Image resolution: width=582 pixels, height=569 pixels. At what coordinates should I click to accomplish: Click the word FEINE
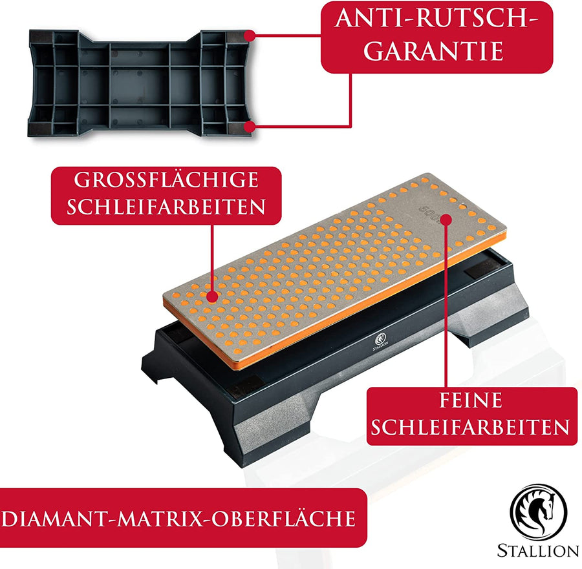tap(471, 400)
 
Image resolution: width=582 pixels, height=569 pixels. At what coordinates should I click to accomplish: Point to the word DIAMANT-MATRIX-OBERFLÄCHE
tap(178, 518)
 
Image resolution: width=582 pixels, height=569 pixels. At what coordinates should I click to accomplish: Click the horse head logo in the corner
tap(539, 513)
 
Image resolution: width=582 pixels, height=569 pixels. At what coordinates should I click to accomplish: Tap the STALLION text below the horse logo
tap(538, 550)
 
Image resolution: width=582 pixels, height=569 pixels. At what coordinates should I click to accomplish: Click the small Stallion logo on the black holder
tap(380, 341)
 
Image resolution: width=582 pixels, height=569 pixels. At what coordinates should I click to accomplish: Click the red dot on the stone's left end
tap(212, 296)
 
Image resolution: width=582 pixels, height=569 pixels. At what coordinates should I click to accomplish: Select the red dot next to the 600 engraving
tap(446, 220)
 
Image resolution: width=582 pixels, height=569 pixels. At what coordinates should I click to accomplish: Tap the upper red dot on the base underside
tap(250, 36)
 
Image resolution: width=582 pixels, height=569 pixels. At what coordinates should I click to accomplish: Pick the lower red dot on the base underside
tap(250, 127)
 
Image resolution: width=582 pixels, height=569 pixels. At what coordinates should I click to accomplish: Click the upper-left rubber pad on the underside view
tap(41, 37)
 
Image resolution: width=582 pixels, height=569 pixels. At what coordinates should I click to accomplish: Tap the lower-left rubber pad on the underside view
tap(40, 128)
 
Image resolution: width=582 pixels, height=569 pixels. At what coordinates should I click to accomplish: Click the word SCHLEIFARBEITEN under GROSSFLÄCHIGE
tap(166, 206)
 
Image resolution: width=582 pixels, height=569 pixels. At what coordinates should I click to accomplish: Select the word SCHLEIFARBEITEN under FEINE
tap(470, 428)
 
